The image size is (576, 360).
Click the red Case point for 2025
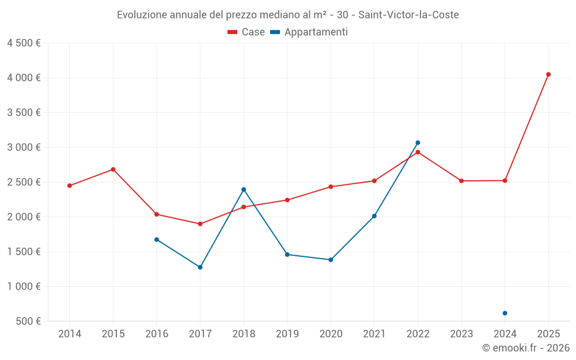coord(548,74)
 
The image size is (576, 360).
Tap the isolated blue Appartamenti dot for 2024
coord(505,313)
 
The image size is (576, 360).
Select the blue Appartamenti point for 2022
coord(418,143)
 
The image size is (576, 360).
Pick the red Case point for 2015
coord(113,169)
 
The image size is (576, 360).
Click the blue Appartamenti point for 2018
coord(244,190)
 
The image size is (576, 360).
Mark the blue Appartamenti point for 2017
coord(200,267)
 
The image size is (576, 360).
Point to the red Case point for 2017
coord(200,224)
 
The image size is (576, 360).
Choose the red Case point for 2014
coord(70,185)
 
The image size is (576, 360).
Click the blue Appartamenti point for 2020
coord(331,260)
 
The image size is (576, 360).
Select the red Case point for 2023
coord(461,181)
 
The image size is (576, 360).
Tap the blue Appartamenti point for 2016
coord(157,240)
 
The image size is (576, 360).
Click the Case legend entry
coord(246,32)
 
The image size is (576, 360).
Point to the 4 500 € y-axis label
coord(24,43)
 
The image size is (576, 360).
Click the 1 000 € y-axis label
coord(24,286)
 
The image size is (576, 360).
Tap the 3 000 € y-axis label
coord(24,147)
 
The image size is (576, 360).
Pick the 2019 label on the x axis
coord(287,334)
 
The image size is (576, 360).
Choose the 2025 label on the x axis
coord(548,334)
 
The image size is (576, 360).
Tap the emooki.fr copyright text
coord(525,348)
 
